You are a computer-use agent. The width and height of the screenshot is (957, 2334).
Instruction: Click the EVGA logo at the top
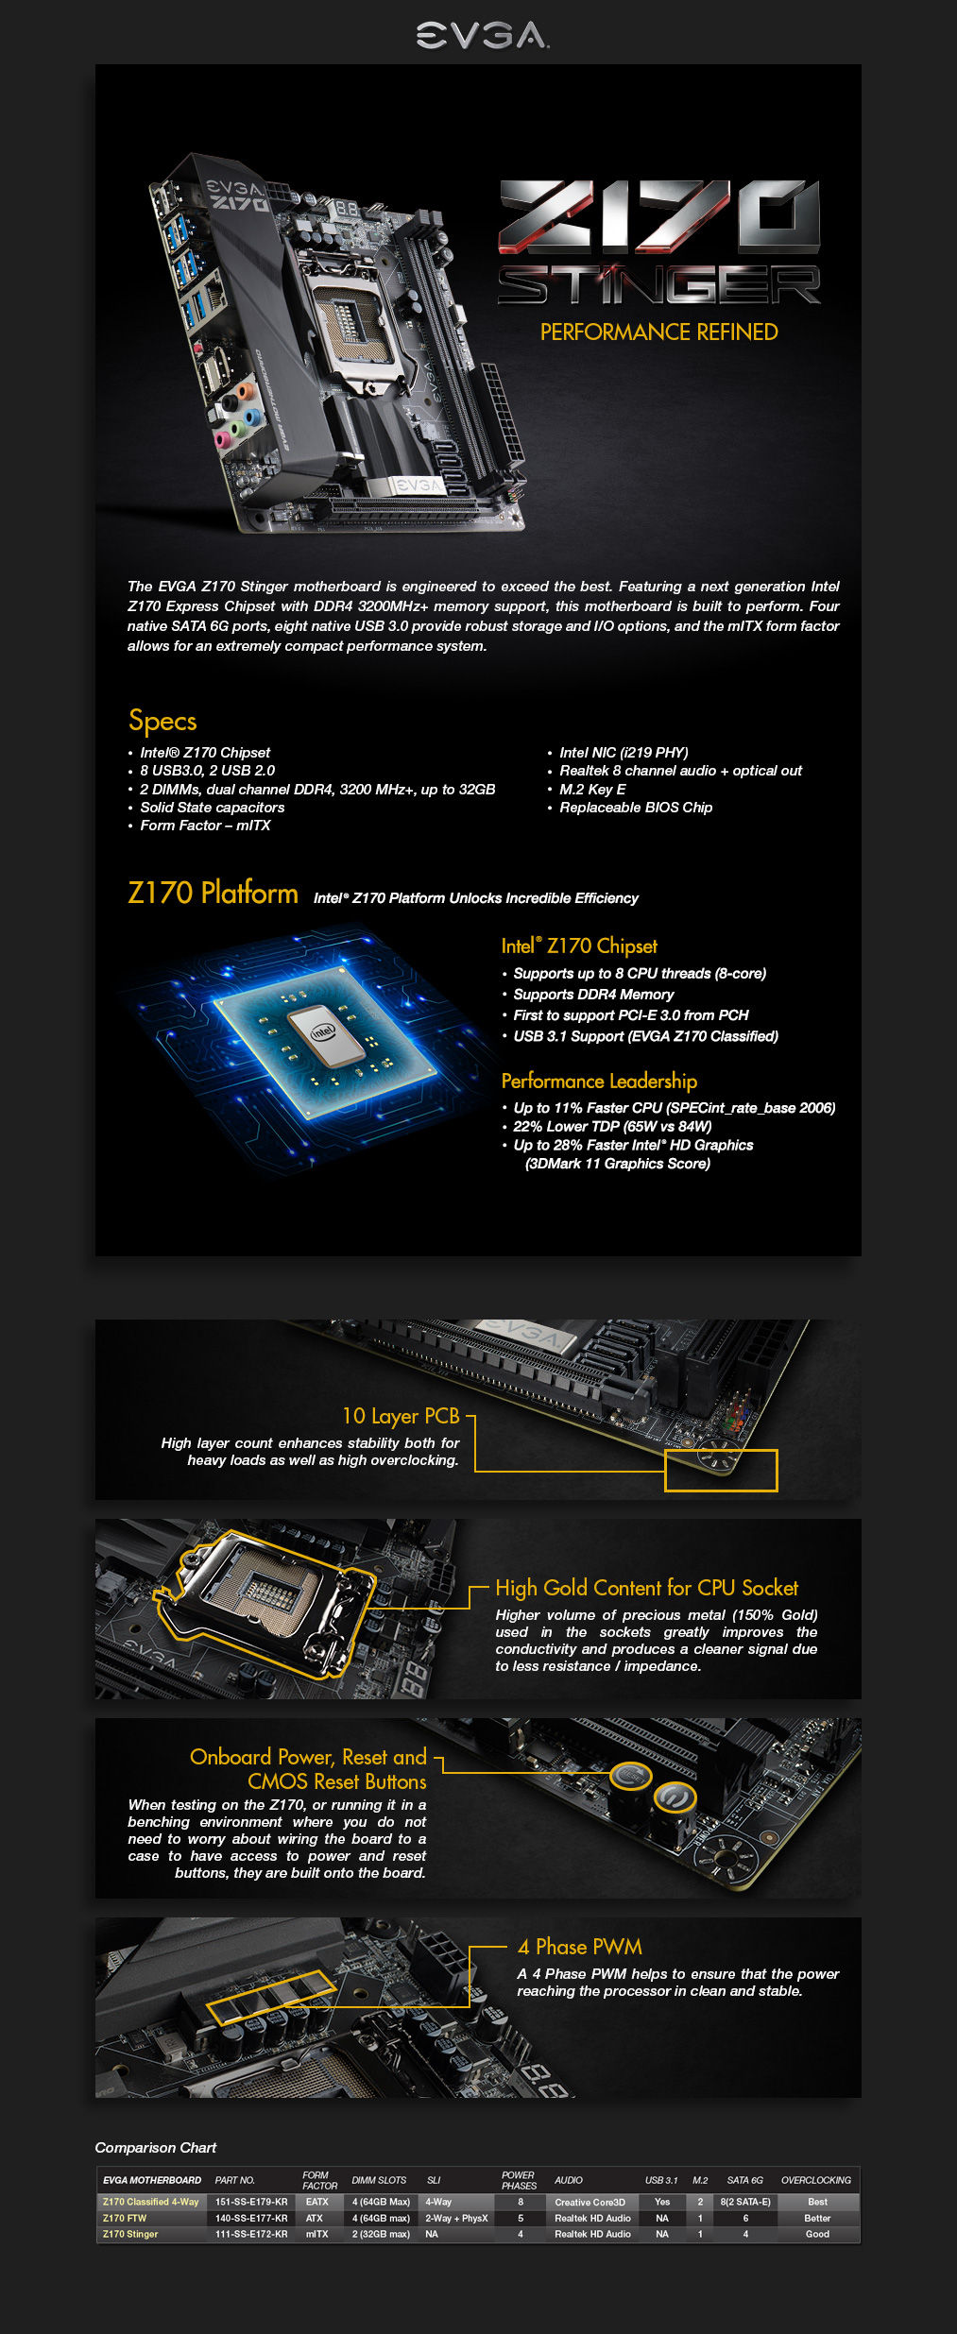(x=482, y=35)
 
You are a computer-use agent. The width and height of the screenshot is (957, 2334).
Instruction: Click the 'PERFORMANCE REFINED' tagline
(x=658, y=332)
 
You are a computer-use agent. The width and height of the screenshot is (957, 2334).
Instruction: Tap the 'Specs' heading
(x=162, y=721)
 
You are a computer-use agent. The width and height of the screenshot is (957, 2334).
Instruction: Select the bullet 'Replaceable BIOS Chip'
(x=636, y=808)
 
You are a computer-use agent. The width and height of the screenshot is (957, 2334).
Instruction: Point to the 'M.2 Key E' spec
(x=592, y=790)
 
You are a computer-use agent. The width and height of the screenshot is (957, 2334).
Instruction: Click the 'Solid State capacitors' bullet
(x=212, y=808)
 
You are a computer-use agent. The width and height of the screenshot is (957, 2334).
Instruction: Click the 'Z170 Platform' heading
(x=213, y=893)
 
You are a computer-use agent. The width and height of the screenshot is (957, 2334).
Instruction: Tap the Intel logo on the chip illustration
(x=323, y=1031)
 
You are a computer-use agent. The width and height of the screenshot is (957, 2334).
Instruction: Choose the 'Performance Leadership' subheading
(x=599, y=1082)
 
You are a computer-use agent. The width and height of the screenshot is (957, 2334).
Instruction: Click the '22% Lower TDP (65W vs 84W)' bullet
(x=612, y=1126)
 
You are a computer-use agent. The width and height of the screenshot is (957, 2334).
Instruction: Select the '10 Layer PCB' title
(x=401, y=1416)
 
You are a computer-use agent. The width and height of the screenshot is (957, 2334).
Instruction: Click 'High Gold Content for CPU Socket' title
(x=646, y=1588)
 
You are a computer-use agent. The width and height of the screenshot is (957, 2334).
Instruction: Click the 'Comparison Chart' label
(x=156, y=2148)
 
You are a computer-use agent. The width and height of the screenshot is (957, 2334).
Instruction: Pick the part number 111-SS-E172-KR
(x=251, y=2234)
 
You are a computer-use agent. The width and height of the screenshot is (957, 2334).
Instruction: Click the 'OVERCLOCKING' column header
(x=815, y=2180)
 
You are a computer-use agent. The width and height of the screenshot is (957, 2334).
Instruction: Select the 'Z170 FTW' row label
(x=125, y=2218)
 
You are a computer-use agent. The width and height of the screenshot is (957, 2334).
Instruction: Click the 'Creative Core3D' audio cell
(x=590, y=2202)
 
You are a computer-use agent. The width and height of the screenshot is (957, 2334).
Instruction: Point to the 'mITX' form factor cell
(x=316, y=2234)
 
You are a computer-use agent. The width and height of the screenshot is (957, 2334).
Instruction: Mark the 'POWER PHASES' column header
(x=519, y=2180)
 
